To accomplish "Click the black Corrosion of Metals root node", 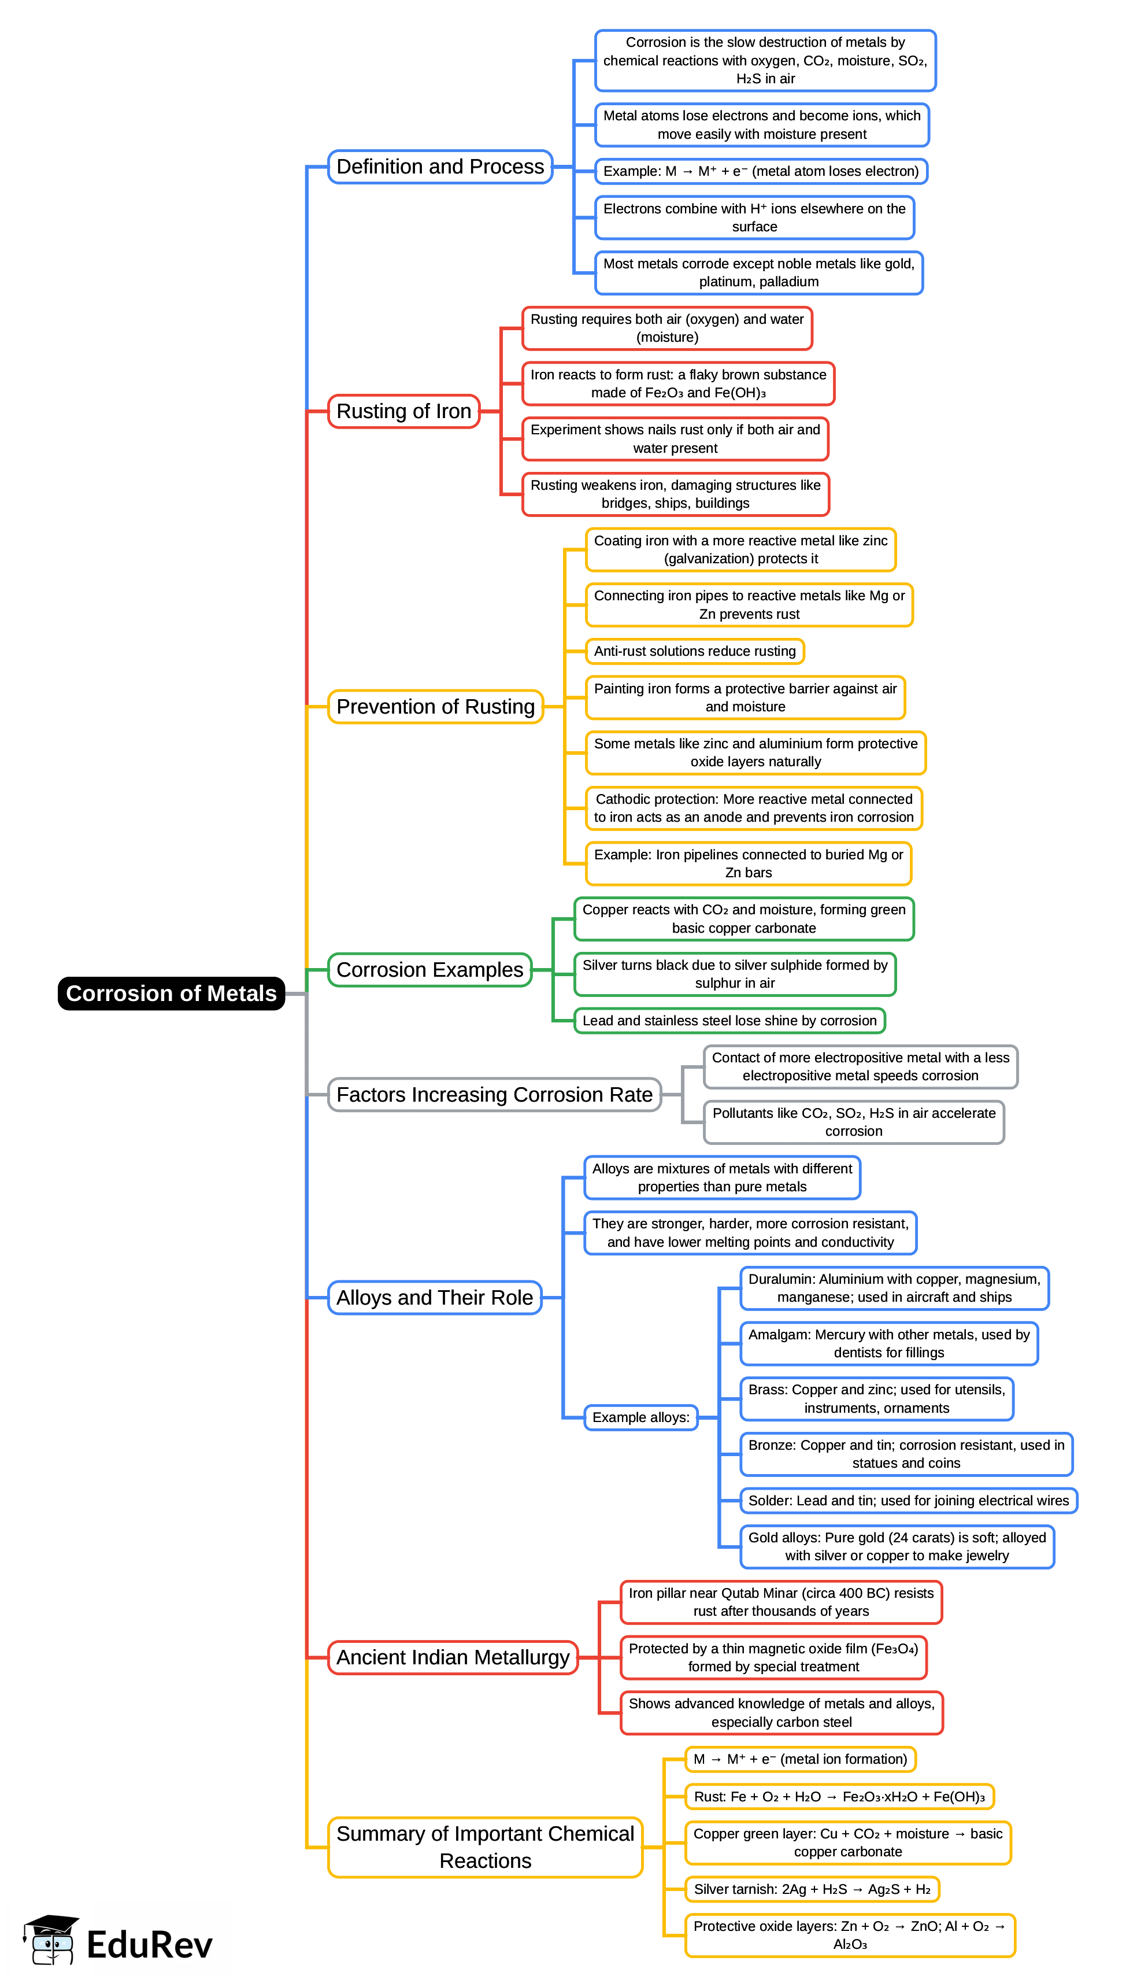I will (171, 993).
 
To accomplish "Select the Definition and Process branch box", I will (440, 167).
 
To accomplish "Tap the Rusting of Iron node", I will (403, 411).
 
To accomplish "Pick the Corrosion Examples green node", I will (429, 969).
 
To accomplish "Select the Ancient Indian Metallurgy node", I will (453, 1657).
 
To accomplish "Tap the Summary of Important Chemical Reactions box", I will (485, 1846).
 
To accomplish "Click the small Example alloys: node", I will (640, 1417).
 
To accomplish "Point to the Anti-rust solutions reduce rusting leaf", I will (694, 651).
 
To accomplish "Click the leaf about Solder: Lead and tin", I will (908, 1501).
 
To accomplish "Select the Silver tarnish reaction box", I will (812, 1889).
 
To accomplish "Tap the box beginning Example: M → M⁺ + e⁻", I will (761, 171).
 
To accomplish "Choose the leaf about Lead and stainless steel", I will (729, 1020).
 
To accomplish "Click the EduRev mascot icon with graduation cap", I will (51, 1940).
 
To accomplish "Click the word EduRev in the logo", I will (149, 1945).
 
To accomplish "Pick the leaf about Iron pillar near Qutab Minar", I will (781, 1602).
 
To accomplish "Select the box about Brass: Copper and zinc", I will (876, 1399).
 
